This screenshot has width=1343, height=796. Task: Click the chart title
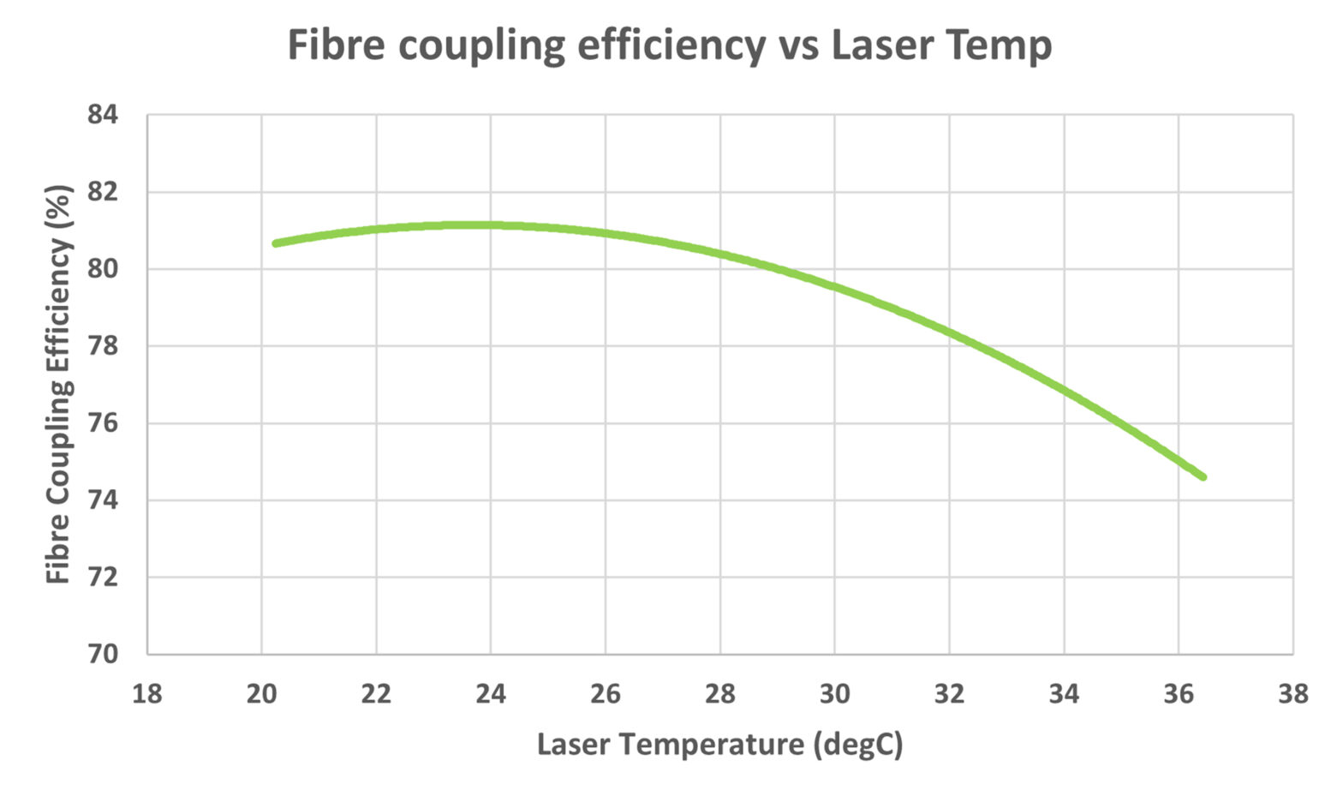point(669,45)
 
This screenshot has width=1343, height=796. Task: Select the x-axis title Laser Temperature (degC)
point(719,744)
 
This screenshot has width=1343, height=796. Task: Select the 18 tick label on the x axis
point(146,693)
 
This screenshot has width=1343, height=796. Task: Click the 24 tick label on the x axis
point(491,693)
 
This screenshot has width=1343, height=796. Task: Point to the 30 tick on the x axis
point(834,693)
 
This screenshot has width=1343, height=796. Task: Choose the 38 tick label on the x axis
point(1292,693)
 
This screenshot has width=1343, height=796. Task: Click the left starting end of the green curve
point(276,243)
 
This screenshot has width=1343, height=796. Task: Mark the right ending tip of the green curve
point(1203,476)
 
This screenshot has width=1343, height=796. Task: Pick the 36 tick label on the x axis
point(1179,693)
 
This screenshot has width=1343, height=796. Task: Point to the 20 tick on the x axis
point(261,693)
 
